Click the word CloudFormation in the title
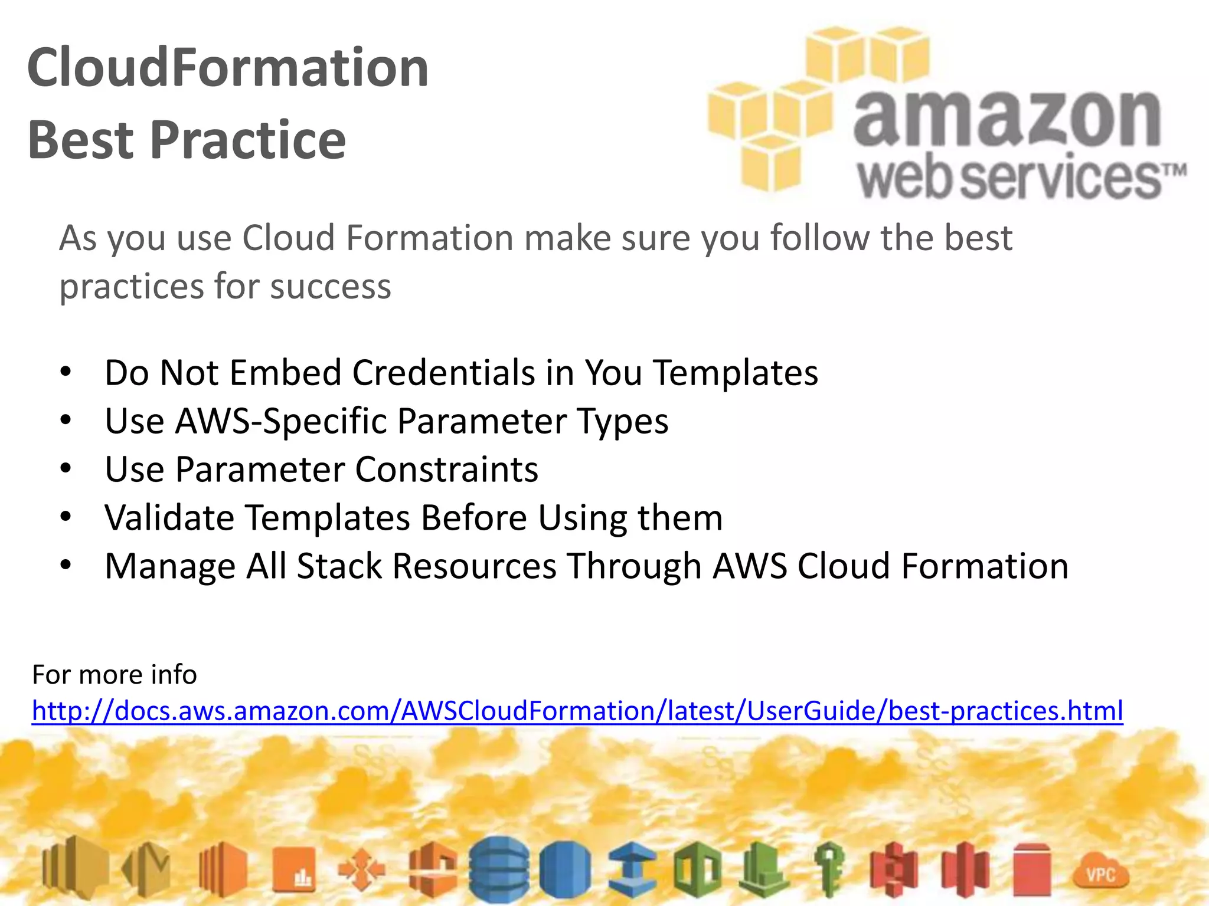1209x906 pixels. coord(228,68)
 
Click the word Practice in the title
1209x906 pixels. coord(248,140)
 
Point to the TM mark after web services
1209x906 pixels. coord(1175,171)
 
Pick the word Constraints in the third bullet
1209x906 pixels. coord(446,470)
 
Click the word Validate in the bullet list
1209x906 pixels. coord(169,518)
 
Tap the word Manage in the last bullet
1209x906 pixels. coord(170,566)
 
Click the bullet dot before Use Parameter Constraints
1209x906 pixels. coord(66,469)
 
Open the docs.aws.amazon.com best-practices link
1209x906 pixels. coord(577,711)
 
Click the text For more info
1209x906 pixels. coord(115,674)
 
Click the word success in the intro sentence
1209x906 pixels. coord(331,287)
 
